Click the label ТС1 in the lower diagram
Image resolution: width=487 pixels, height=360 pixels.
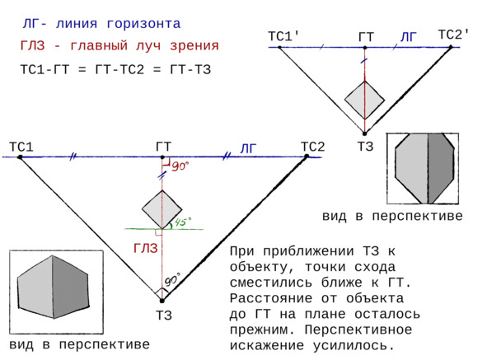pos(21,147)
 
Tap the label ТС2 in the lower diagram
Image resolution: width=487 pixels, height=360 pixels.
pos(313,147)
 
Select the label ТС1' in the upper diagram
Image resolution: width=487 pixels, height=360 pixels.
pos(283,36)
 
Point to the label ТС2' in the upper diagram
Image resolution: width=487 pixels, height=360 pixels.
pos(454,35)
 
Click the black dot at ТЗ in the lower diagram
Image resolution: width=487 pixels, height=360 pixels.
pos(162,301)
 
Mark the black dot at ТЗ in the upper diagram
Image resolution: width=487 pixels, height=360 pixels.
pos(364,134)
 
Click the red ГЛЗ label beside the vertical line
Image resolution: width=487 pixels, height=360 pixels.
pos(146,249)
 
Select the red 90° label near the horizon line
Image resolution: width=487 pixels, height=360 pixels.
pos(180,166)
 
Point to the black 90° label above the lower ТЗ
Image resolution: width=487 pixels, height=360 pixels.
pos(172,279)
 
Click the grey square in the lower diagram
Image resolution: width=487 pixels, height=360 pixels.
pos(162,209)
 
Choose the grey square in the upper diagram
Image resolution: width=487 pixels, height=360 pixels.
pos(364,100)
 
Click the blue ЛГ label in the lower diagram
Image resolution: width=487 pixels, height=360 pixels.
pos(249,149)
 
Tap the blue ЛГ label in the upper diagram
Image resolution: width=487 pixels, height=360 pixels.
pos(408,37)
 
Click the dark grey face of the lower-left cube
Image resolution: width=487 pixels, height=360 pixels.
pos(71,288)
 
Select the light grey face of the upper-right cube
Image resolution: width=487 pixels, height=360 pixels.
pos(411,169)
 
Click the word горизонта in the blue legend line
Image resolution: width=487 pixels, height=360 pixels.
pos(143,24)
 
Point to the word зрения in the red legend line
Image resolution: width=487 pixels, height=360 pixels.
pos(194,46)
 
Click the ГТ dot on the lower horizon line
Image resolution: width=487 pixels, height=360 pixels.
pos(162,157)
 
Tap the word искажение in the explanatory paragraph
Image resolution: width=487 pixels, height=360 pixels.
pos(266,345)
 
